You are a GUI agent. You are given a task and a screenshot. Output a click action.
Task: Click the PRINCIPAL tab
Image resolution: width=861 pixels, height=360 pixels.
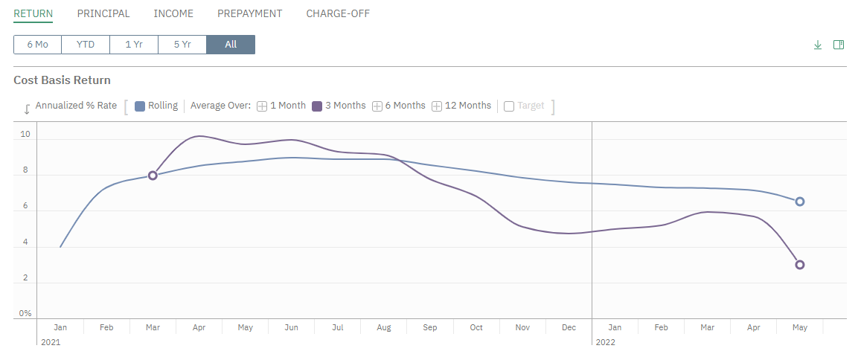103,13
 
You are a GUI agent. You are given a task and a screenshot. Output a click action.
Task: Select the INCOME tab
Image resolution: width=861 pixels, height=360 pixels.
173,13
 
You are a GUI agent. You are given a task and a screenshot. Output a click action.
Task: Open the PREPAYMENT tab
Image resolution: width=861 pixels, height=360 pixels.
249,13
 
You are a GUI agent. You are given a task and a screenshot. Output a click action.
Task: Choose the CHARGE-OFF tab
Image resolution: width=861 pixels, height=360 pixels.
338,13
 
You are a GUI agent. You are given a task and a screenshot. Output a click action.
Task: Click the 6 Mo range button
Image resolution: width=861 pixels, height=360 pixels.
37,45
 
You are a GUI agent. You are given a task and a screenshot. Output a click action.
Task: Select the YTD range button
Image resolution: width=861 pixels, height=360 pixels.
86,45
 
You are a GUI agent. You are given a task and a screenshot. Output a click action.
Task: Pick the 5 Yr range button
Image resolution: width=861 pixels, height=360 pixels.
182,45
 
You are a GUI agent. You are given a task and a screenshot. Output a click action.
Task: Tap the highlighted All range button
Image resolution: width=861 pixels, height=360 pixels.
231,45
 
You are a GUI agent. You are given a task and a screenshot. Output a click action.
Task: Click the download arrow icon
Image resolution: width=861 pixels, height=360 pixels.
818,45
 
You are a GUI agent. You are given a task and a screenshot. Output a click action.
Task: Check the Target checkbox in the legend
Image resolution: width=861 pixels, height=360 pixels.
509,106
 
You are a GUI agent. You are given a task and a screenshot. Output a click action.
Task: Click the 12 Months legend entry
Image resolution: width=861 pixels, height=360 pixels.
461,106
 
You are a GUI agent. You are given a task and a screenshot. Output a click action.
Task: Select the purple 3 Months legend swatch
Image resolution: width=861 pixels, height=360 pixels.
317,106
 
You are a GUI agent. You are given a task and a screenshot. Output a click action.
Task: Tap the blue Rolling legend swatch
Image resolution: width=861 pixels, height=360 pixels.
140,106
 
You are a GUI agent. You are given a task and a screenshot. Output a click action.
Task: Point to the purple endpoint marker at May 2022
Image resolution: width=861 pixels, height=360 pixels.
800,265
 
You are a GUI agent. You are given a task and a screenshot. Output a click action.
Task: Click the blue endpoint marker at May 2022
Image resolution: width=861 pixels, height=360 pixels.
800,202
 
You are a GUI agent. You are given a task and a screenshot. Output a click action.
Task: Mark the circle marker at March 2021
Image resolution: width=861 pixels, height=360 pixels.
153,176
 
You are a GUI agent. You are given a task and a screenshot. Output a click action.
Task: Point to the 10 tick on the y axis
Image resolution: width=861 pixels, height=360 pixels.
25,135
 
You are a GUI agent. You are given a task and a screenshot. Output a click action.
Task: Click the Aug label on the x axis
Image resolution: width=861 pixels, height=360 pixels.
384,327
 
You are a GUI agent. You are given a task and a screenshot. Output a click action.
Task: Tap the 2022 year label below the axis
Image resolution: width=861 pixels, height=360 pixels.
605,342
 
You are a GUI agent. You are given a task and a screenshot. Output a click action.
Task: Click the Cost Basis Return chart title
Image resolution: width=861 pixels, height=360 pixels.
62,80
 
